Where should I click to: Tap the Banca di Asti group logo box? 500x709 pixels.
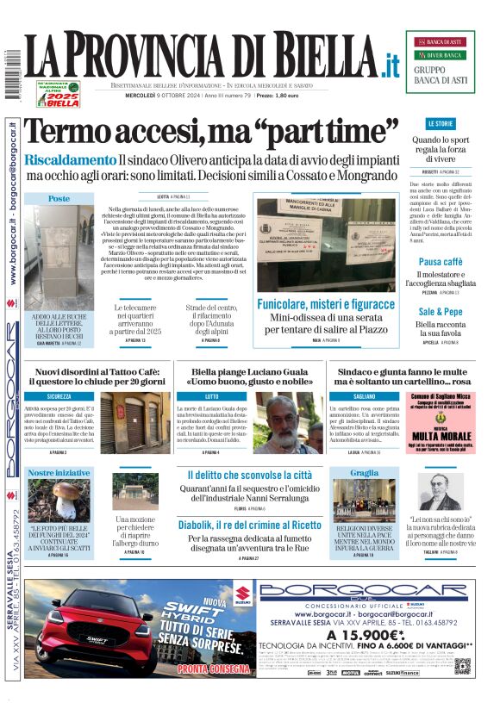click(440, 62)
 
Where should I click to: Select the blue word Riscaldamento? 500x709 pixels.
click(70, 160)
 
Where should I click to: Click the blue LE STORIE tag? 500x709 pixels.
click(440, 124)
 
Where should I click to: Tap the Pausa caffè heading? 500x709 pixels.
click(441, 261)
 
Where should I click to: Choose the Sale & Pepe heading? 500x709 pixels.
click(441, 311)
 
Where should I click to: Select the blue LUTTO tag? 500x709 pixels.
click(212, 396)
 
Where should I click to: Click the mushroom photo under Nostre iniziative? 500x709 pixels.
click(59, 500)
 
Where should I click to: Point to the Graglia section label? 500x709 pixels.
click(365, 473)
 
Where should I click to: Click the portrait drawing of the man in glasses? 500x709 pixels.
click(441, 494)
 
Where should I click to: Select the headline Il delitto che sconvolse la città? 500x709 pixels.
click(250, 475)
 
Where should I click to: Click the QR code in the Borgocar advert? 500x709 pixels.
click(463, 666)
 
